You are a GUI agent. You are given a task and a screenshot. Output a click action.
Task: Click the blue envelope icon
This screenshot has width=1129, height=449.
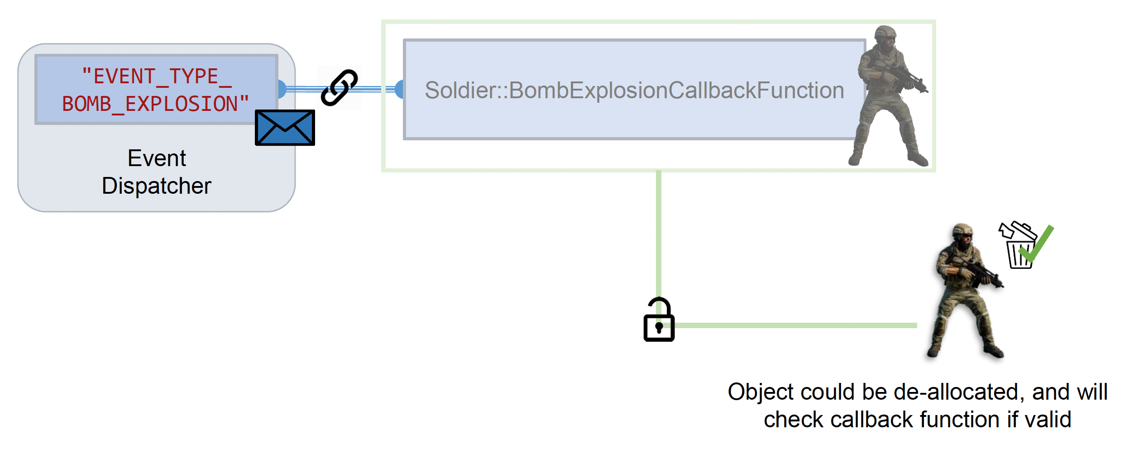click(x=285, y=128)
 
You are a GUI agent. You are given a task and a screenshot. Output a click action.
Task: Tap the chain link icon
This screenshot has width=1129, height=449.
click(x=339, y=88)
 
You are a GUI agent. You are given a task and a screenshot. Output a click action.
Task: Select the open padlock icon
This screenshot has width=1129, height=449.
click(x=659, y=320)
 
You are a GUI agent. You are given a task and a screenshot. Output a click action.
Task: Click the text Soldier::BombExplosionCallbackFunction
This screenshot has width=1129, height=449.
click(x=634, y=90)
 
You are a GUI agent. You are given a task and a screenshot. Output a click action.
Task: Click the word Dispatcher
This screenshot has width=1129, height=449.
click(x=157, y=186)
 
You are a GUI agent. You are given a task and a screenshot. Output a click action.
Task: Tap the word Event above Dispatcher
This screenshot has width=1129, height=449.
click(x=157, y=158)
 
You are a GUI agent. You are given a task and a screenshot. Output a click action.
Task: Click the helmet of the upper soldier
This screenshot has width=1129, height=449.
click(x=885, y=33)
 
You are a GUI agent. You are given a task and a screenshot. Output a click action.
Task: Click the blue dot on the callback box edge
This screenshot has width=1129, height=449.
click(x=400, y=89)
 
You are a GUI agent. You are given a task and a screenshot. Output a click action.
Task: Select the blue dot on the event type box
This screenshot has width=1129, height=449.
click(x=282, y=89)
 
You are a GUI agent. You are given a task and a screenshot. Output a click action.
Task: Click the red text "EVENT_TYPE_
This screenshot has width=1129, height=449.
click(x=157, y=76)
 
